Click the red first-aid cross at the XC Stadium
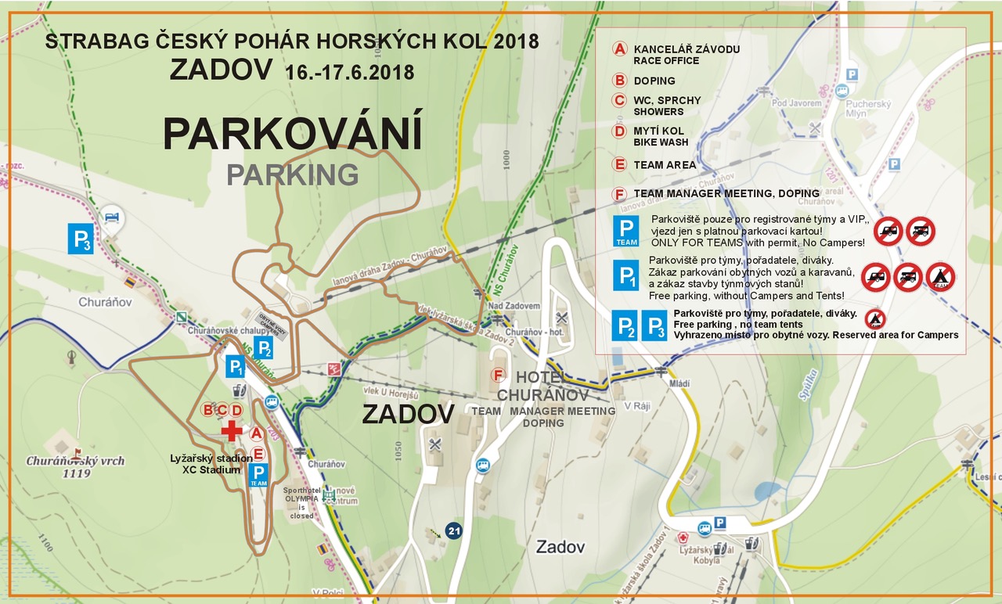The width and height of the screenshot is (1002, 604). pyautogui.click(x=232, y=430)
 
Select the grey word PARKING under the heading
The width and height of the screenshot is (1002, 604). pyautogui.click(x=293, y=174)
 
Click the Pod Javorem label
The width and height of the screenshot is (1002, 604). pyautogui.click(x=796, y=103)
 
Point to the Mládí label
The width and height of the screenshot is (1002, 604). pyautogui.click(x=657, y=384)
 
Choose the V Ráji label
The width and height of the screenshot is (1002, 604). pyautogui.click(x=638, y=407)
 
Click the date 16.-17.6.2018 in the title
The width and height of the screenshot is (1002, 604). pyautogui.click(x=350, y=72)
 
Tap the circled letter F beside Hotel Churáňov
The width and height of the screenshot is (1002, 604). pyautogui.click(x=497, y=375)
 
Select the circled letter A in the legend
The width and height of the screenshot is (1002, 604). pyautogui.click(x=619, y=49)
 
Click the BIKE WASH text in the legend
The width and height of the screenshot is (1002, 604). pyautogui.click(x=661, y=142)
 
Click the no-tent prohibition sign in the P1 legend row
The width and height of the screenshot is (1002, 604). pyautogui.click(x=939, y=277)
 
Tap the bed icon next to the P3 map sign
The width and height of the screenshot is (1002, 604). pyautogui.click(x=114, y=215)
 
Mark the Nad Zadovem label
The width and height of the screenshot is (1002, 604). pyautogui.click(x=514, y=305)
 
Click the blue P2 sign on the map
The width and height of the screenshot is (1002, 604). pyautogui.click(x=264, y=347)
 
